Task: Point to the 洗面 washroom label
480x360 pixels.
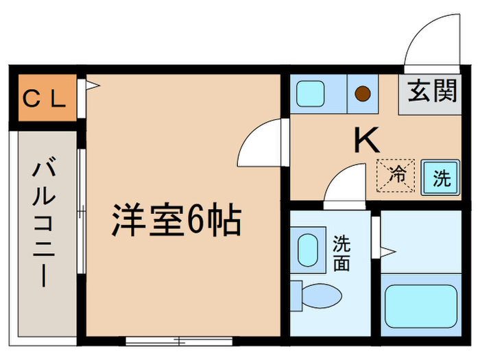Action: click(342, 253)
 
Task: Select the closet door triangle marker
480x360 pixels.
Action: click(92, 86)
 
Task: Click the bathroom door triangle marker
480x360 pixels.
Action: click(387, 248)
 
